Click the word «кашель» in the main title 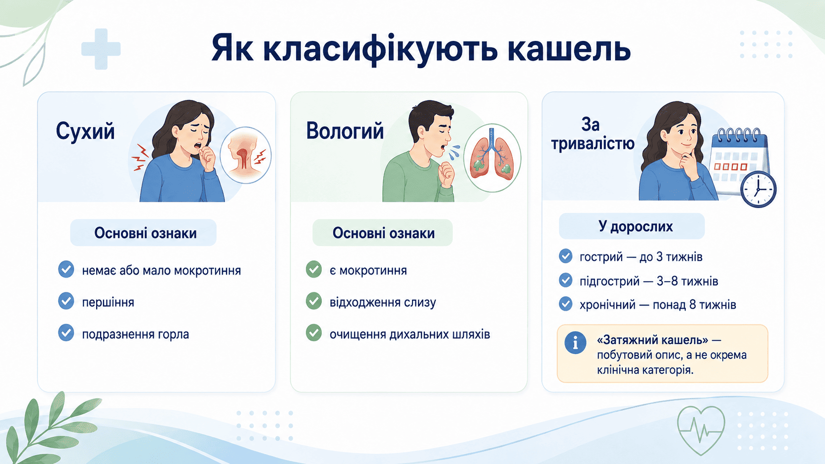coord(568,49)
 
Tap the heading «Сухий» coord(85,131)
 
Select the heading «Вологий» coord(345,131)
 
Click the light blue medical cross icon coord(101,49)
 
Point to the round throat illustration coord(246,155)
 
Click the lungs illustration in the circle coord(492,158)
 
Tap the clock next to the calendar coord(758,189)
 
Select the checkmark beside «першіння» coord(66,301)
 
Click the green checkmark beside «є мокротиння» coord(314,269)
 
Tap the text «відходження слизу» coord(383,302)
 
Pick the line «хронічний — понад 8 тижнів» coord(658,305)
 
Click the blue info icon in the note coord(575,343)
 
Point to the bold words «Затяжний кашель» coord(652,340)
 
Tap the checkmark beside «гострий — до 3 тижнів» coord(566,256)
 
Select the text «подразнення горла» coord(136,334)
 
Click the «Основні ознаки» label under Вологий coord(383,233)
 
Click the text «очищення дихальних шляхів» coord(410,334)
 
